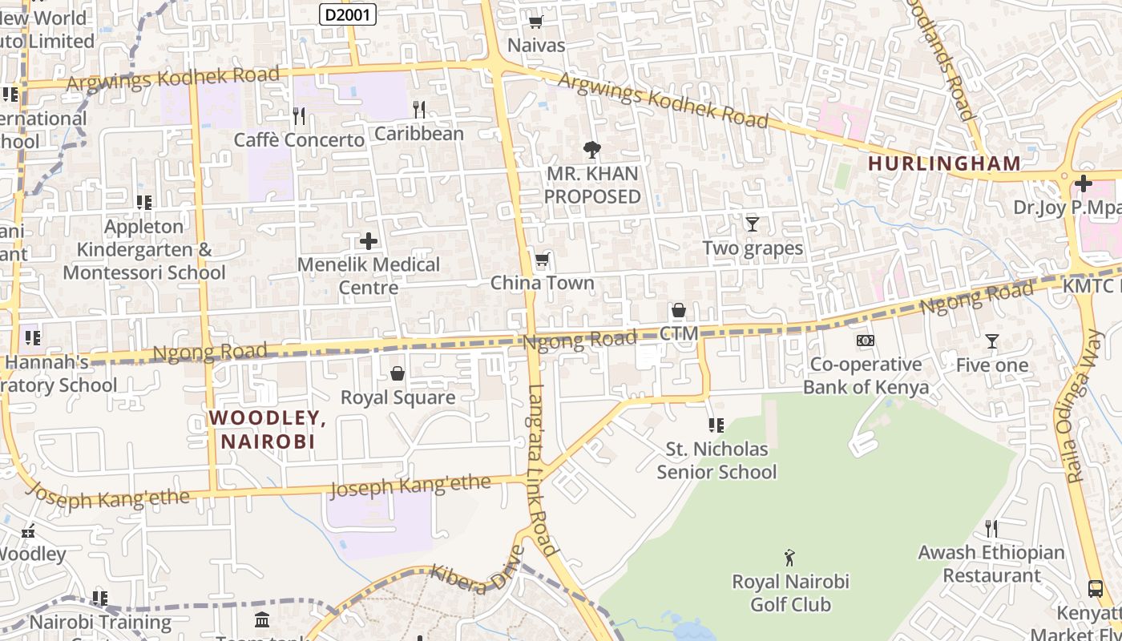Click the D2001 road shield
[x=348, y=14]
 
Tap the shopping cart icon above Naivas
[x=535, y=22]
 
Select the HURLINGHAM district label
[x=944, y=163]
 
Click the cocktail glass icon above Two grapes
[x=752, y=224]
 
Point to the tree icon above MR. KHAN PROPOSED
[x=592, y=148]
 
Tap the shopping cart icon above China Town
[x=542, y=260]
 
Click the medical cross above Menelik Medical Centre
[x=369, y=240]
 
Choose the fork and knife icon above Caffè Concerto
[x=299, y=116]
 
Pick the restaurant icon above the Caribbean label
[x=419, y=109]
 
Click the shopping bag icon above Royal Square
[x=397, y=373]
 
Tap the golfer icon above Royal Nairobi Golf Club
[x=790, y=557]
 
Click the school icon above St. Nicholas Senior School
[x=716, y=425]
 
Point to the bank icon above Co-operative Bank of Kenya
[x=865, y=341]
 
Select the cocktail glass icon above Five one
[x=991, y=341]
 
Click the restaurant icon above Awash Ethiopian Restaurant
[x=991, y=528]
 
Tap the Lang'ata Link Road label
[x=542, y=470]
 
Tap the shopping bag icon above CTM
[x=678, y=310]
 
